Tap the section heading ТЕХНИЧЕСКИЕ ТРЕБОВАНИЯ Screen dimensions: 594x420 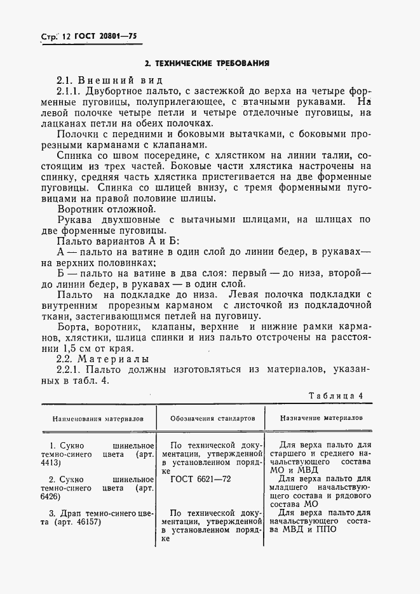point(207,63)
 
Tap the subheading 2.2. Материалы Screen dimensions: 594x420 point(103,360)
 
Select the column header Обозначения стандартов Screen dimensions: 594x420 point(212,419)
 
